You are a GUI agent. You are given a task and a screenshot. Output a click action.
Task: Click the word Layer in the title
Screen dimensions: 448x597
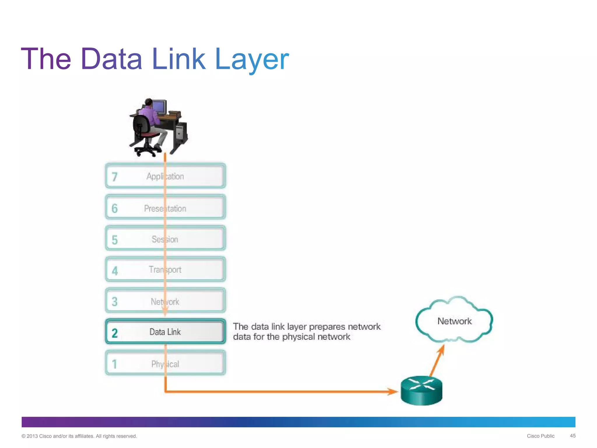(x=252, y=59)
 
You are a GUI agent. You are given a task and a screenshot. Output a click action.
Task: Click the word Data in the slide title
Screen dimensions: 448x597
(x=111, y=59)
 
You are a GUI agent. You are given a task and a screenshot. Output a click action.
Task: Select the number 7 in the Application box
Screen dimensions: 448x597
(x=115, y=177)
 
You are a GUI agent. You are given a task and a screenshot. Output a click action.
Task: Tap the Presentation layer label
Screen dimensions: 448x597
(x=165, y=209)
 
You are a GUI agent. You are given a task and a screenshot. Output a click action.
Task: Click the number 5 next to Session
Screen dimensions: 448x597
(x=115, y=240)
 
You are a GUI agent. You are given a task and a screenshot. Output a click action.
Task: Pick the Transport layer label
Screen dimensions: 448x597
(x=165, y=269)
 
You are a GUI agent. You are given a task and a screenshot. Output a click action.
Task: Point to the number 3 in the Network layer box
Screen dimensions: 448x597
(x=115, y=302)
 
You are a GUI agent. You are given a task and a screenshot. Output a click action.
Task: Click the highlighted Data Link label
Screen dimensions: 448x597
(x=165, y=332)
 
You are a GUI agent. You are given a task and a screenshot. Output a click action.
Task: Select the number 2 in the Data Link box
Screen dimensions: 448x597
(x=115, y=333)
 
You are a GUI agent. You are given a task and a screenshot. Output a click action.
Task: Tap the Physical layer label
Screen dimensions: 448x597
(x=165, y=364)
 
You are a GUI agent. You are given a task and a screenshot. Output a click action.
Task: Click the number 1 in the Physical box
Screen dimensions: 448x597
(x=115, y=364)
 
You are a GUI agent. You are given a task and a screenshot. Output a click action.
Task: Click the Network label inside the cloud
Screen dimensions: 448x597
(x=454, y=321)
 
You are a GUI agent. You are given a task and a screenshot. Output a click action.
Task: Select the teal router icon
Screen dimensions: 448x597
(x=422, y=391)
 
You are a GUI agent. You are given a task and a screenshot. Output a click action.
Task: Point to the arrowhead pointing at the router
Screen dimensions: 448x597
(x=393, y=391)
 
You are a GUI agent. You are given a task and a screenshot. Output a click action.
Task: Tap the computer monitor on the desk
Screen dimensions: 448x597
(x=159, y=107)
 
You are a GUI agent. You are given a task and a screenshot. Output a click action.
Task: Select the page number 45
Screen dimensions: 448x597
(x=573, y=436)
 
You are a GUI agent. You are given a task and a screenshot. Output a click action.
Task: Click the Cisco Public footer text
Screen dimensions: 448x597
(x=540, y=436)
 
